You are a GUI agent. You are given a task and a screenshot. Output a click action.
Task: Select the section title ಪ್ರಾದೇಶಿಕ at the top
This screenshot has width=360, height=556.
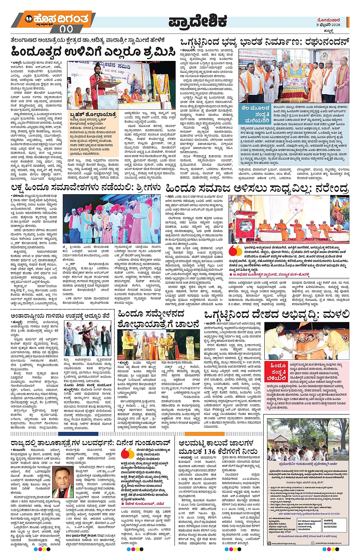[x=198, y=21]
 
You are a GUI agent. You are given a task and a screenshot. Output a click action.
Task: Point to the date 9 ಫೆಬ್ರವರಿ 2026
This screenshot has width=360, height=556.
[x=328, y=25]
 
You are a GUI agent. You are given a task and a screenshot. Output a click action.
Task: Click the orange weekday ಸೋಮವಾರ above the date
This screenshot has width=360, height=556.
[x=328, y=20]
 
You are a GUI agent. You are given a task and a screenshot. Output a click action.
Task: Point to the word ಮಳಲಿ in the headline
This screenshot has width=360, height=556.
[x=336, y=315]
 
